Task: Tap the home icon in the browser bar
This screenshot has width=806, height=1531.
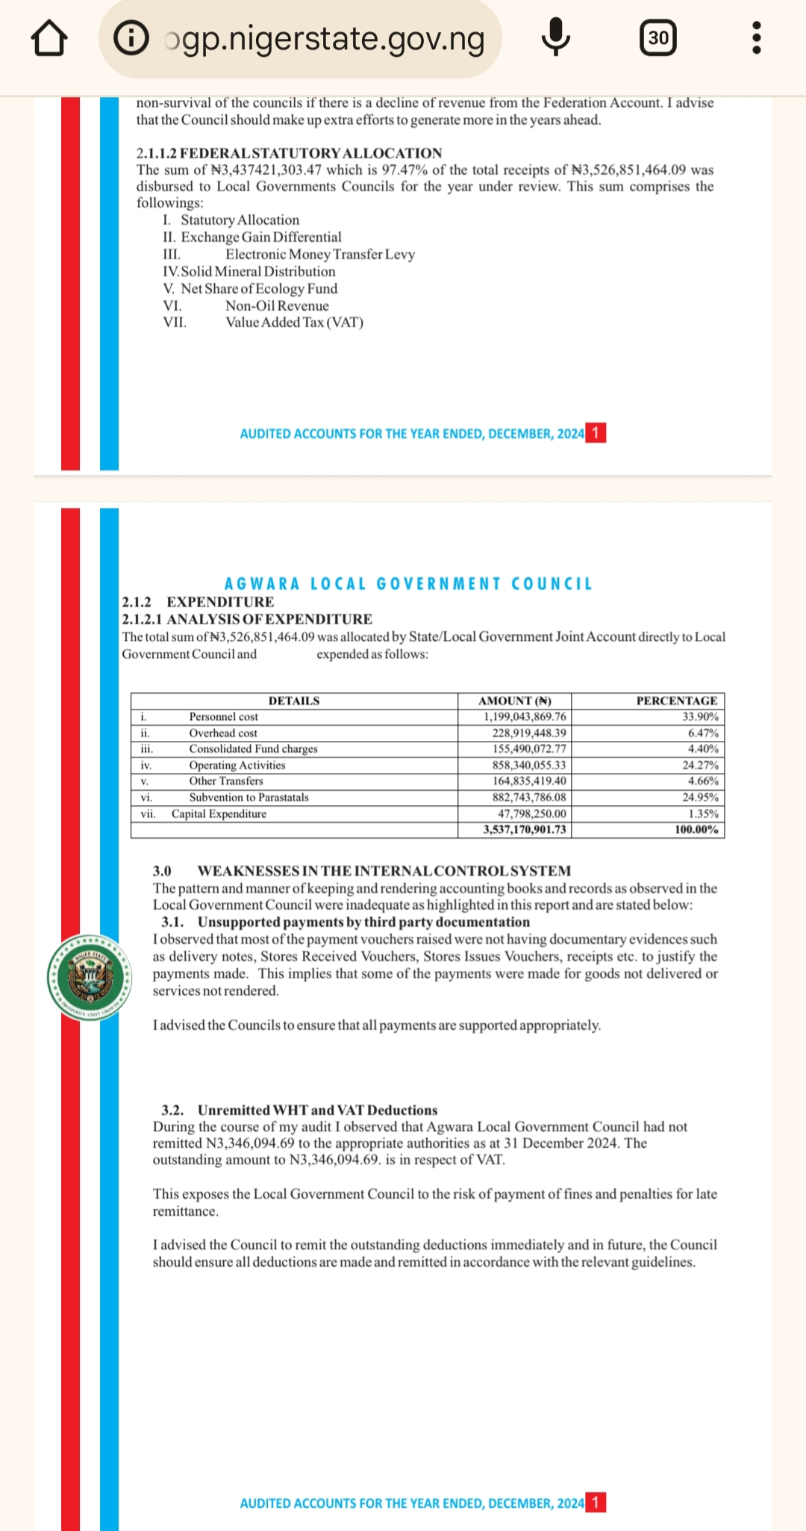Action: point(49,38)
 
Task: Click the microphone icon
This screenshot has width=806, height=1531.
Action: point(556,37)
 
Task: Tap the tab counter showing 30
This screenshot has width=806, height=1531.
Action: point(658,37)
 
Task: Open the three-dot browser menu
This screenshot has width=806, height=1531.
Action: point(756,37)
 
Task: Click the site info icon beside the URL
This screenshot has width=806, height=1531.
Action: point(131,38)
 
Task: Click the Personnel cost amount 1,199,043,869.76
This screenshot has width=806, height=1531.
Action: point(525,717)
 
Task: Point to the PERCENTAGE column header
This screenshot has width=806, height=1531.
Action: point(676,701)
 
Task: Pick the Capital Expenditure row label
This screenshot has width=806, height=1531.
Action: point(219,814)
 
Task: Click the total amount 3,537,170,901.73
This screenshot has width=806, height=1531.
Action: point(525,830)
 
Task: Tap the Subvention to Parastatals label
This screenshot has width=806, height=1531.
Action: point(249,798)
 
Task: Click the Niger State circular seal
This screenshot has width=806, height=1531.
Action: point(90,977)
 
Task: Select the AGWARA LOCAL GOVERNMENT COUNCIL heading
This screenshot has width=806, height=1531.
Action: point(408,584)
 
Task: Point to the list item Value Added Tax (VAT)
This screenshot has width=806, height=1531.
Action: point(294,323)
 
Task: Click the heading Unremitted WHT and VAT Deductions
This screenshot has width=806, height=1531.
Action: point(317,1111)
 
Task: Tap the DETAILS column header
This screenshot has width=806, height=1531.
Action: point(294,701)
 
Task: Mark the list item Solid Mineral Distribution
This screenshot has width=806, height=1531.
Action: point(257,272)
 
